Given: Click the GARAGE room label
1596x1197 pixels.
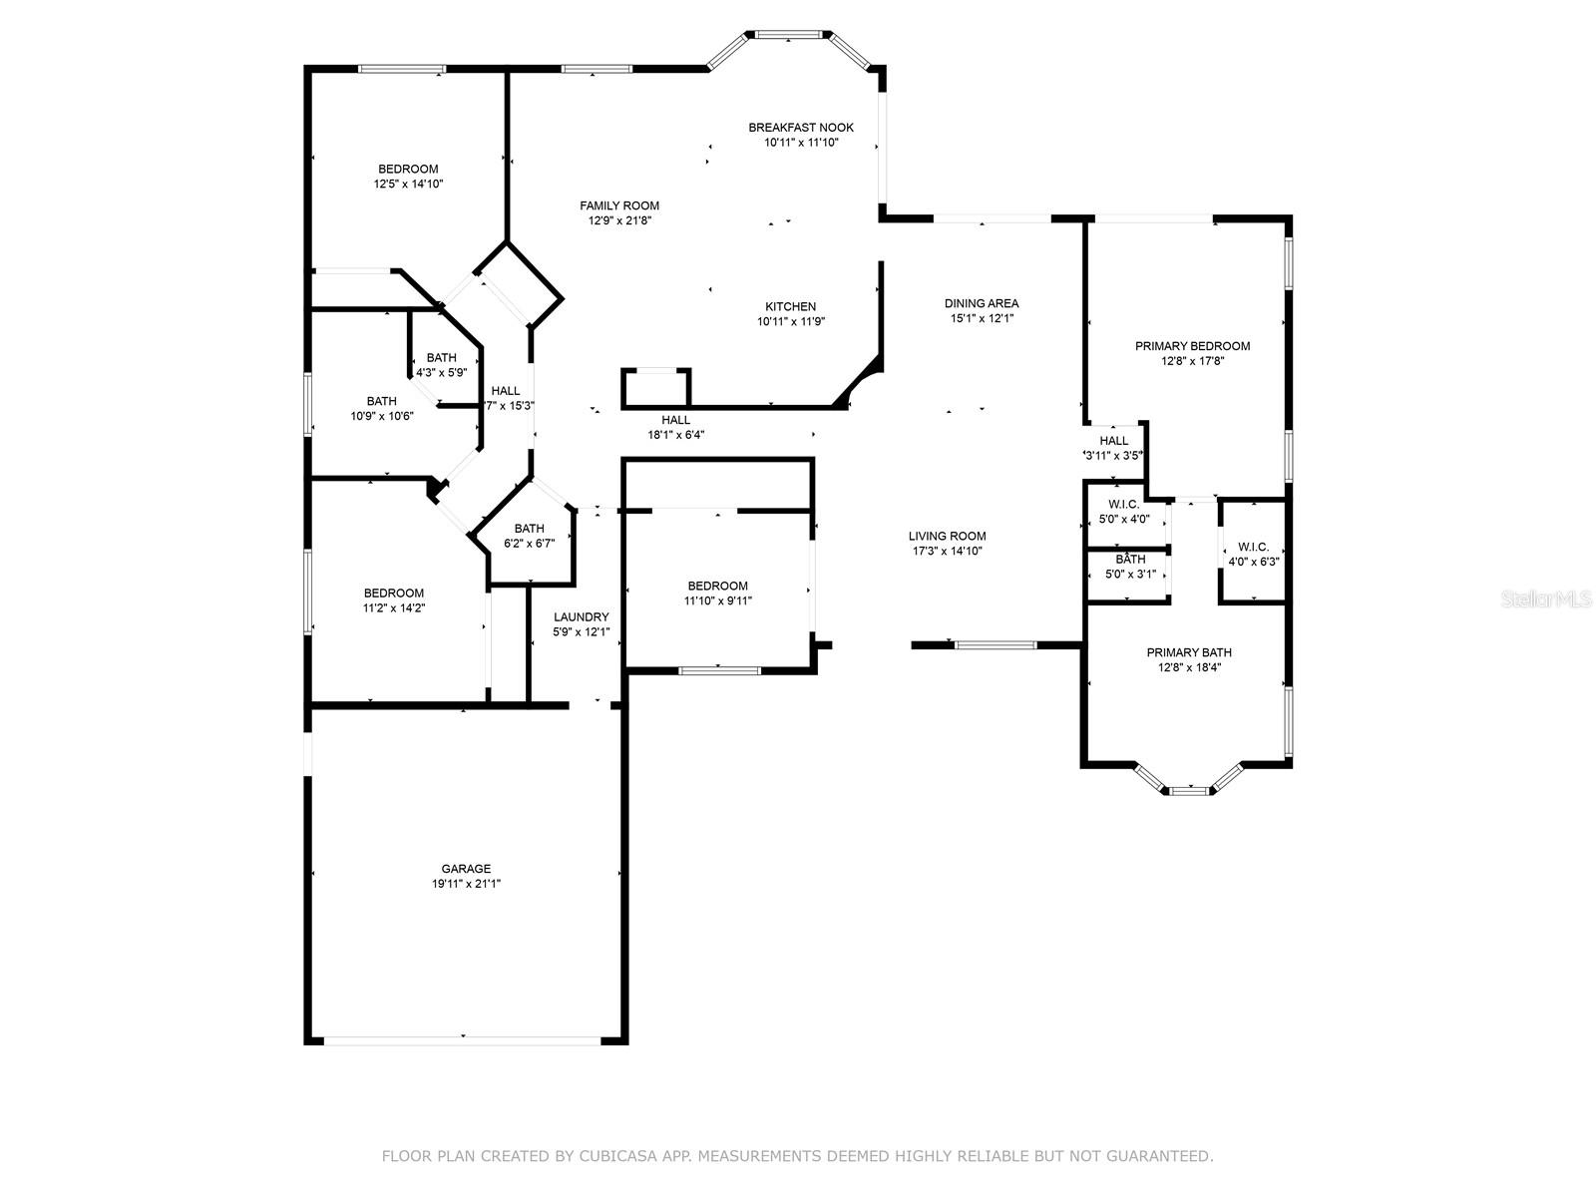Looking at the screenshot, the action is point(466,869).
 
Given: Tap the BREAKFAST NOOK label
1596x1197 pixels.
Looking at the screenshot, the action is point(801,128).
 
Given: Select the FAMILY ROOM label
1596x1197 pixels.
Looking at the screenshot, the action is point(618,205).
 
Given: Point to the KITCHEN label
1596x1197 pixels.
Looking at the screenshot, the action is point(790,306).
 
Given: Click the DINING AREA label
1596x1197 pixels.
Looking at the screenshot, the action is point(981,303).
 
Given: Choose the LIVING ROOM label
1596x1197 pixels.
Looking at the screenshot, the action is point(947,536).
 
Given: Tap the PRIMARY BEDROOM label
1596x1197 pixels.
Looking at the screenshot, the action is point(1192,346).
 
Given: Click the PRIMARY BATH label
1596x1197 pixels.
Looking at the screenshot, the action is point(1189,652).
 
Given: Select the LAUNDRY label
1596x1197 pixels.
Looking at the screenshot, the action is point(581,617).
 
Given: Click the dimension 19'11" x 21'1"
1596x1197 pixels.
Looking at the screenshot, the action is point(466,884).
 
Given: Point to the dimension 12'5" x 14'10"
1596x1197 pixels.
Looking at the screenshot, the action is point(408,184).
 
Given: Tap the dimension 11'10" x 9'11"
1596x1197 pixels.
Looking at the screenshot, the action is point(717,601).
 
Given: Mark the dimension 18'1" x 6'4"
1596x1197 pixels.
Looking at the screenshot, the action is point(675,435).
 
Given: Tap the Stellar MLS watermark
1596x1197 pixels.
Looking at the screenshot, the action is point(1545,598).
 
